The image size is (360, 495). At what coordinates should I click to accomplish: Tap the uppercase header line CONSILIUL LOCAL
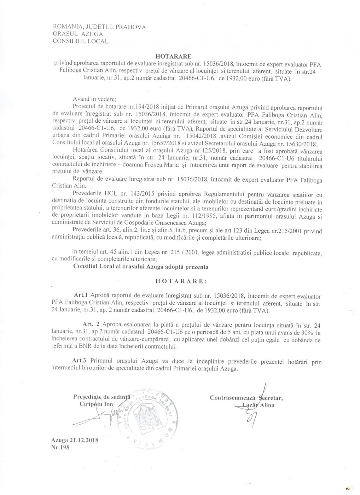[x=80, y=41]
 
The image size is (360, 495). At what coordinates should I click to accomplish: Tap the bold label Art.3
[x=80, y=361]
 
